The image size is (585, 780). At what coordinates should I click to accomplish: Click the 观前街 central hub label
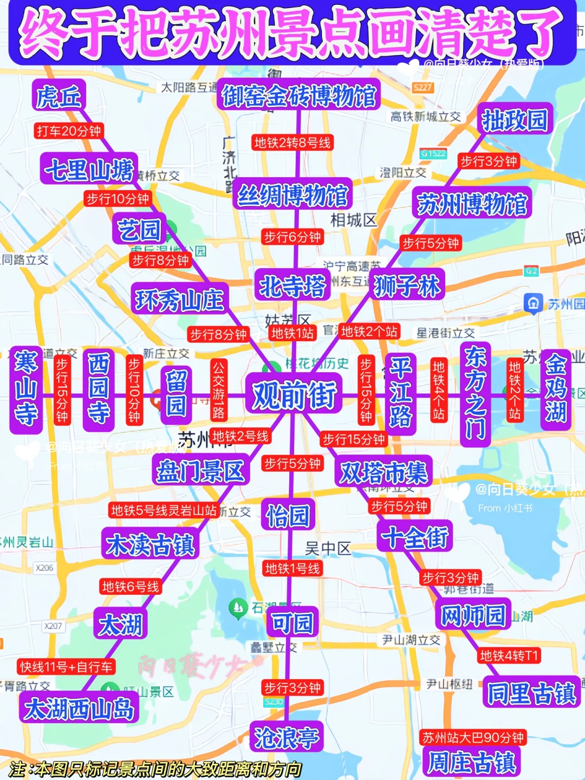[x=294, y=394]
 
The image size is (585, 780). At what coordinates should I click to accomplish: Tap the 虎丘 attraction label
[x=58, y=97]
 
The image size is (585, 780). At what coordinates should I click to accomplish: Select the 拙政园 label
[x=515, y=120]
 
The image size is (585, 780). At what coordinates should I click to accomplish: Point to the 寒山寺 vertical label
[x=26, y=388]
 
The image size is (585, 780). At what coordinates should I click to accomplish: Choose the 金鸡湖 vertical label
[x=556, y=388]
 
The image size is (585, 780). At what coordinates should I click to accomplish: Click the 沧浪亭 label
[x=287, y=737]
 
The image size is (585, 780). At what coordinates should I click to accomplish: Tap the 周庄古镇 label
[x=471, y=762]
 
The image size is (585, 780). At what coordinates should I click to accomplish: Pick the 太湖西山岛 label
[x=79, y=708]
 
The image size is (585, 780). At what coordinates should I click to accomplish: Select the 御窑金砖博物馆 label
[x=298, y=96]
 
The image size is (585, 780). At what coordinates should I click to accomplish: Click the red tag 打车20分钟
[x=69, y=131]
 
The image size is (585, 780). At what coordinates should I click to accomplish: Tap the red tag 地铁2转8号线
[x=292, y=142]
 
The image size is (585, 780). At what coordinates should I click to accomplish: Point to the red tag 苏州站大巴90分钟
[x=473, y=737]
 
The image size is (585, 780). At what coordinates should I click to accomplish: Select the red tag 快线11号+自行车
[x=67, y=667]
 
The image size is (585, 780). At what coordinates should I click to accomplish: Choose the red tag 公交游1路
[x=218, y=389]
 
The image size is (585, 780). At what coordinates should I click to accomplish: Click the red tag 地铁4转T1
[x=509, y=655]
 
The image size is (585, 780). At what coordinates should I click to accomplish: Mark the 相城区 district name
[x=353, y=220]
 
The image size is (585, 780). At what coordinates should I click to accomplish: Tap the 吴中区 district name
[x=328, y=549]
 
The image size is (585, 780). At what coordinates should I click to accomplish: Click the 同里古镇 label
[x=531, y=693]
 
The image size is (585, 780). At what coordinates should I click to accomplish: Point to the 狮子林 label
[x=407, y=285]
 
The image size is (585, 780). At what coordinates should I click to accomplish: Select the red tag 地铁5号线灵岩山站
[x=164, y=510]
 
